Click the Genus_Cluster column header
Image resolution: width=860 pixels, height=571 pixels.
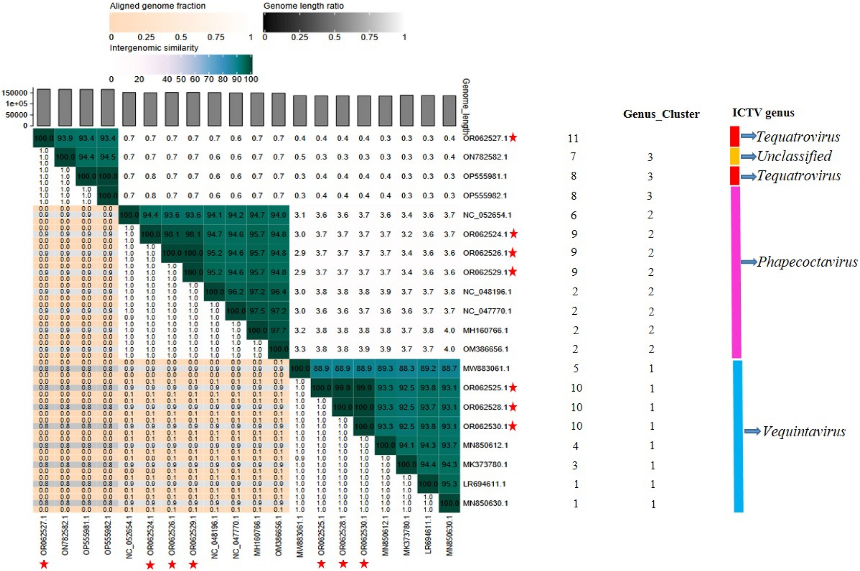pyautogui.click(x=661, y=114)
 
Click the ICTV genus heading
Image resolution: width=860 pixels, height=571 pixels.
pyautogui.click(x=763, y=113)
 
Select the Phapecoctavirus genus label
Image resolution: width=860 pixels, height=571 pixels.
pyautogui.click(x=807, y=262)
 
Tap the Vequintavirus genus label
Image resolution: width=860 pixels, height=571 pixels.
pyautogui.click(x=804, y=431)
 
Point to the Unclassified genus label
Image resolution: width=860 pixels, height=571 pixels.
pyautogui.click(x=794, y=156)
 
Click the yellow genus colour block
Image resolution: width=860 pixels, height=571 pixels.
pyautogui.click(x=734, y=156)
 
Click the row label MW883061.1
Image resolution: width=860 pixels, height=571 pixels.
pyautogui.click(x=486, y=369)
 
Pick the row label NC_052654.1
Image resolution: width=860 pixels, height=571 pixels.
pyautogui.click(x=487, y=215)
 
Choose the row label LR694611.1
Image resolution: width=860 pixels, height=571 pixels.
pyautogui.click(x=484, y=484)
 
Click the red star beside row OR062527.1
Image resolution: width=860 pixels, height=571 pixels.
pyautogui.click(x=513, y=138)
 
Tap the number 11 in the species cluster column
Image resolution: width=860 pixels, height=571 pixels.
pyautogui.click(x=573, y=138)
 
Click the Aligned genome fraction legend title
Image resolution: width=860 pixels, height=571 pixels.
pyautogui.click(x=157, y=6)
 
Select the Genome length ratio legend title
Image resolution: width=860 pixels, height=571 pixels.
pyautogui.click(x=303, y=6)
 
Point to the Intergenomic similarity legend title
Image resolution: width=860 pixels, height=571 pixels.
pyautogui.click(x=154, y=48)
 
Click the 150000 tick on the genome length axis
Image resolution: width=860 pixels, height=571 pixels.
pyautogui.click(x=14, y=93)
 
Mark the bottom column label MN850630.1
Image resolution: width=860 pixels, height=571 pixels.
pyautogui.click(x=450, y=535)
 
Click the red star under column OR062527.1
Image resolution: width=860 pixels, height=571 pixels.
pyautogui.click(x=44, y=564)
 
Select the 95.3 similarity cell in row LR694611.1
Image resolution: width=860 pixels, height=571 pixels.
pyautogui.click(x=449, y=484)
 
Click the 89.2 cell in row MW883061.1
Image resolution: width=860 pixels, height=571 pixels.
pyautogui.click(x=428, y=369)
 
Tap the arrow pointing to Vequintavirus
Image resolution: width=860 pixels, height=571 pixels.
pyautogui.click(x=752, y=431)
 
